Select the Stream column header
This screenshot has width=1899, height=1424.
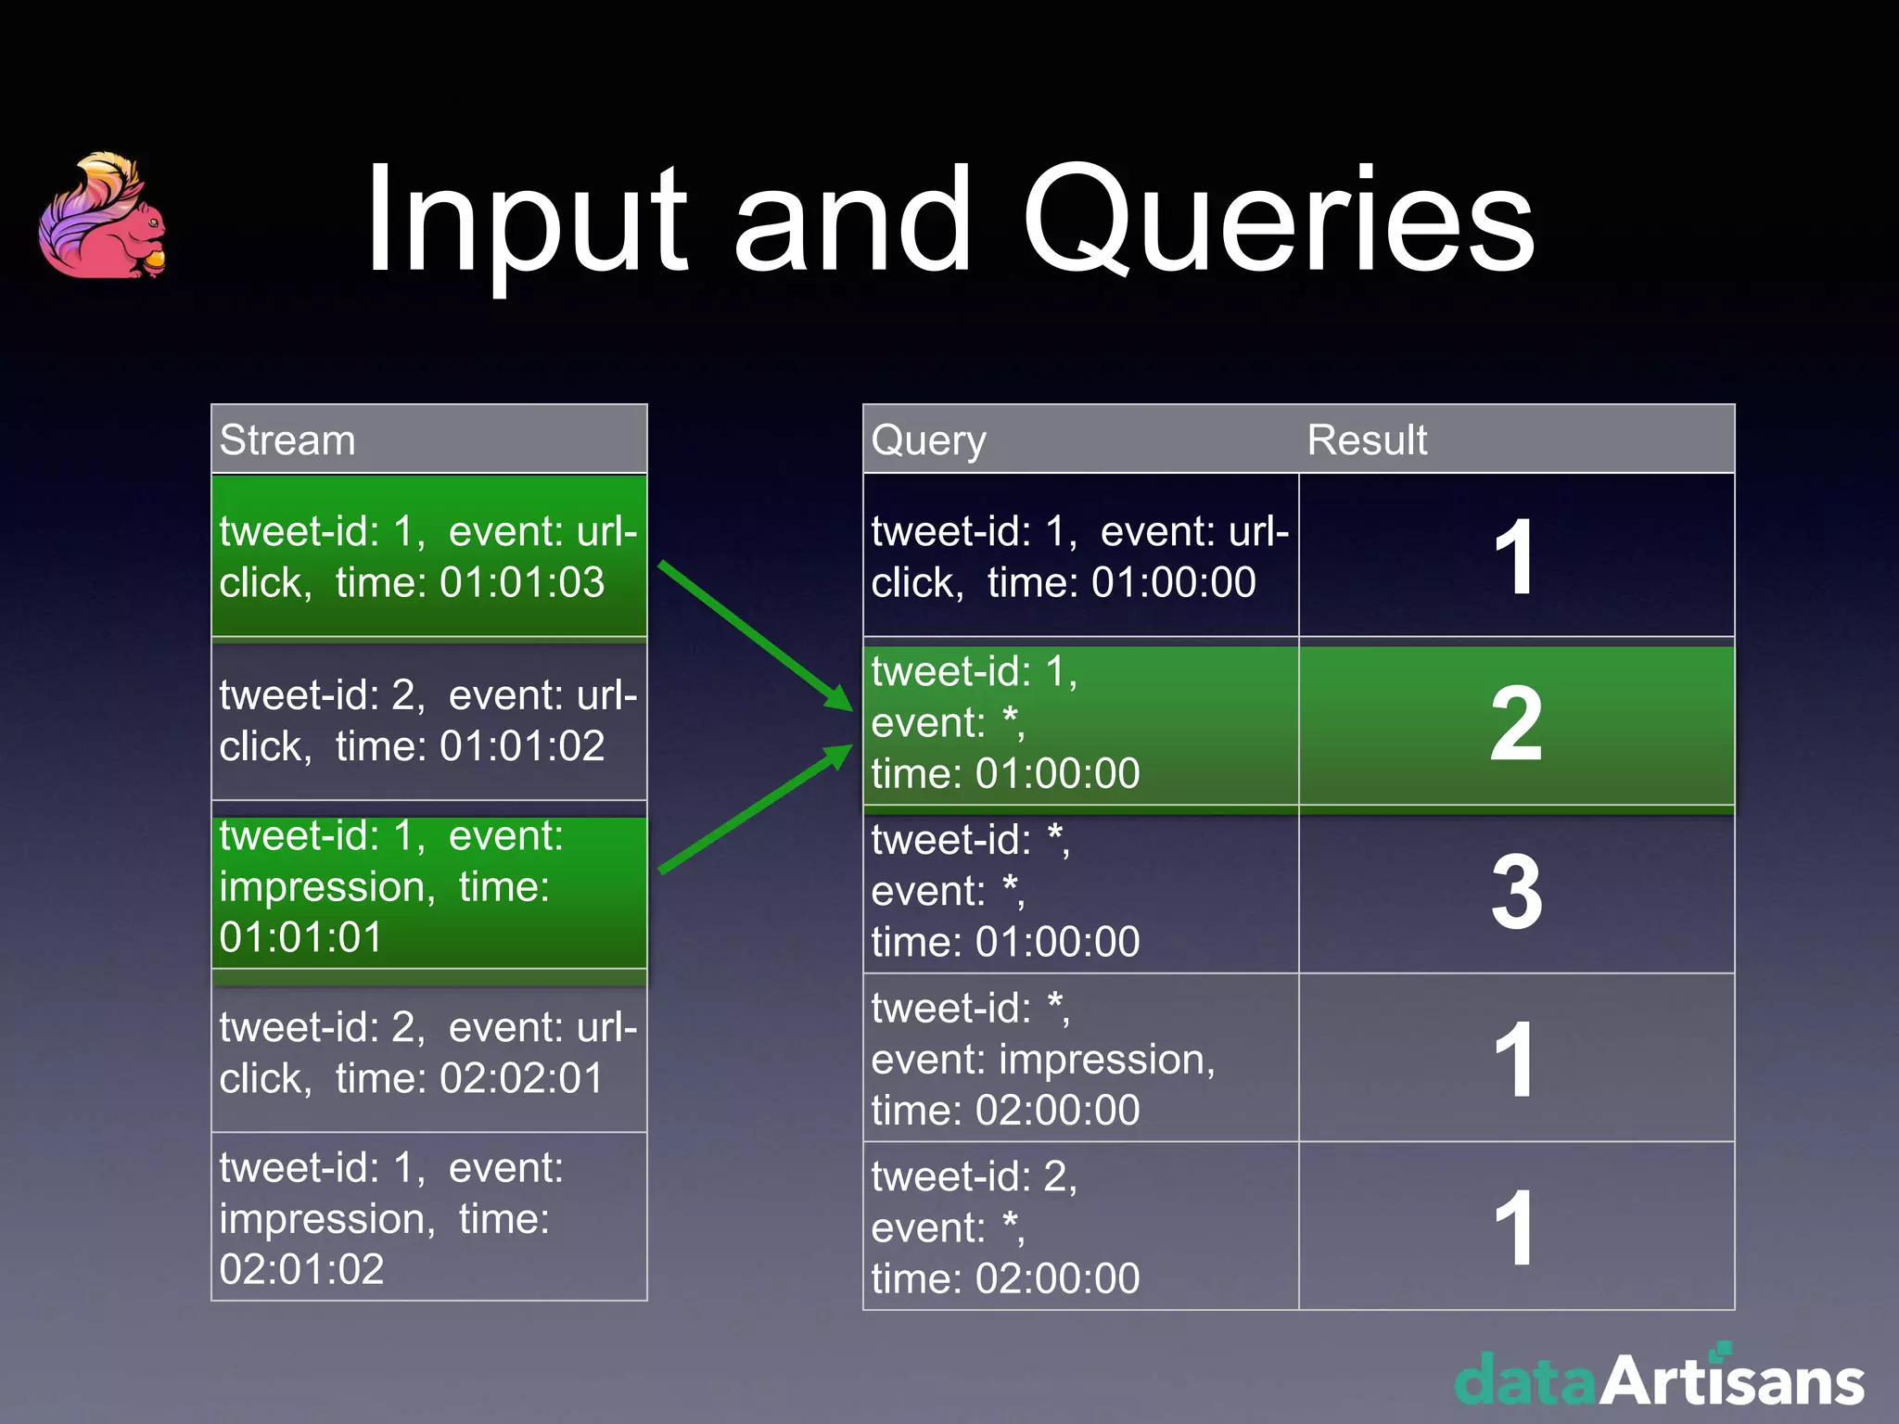[x=287, y=439]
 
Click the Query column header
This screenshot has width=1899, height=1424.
[x=928, y=439]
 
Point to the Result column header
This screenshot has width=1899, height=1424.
[x=1367, y=439]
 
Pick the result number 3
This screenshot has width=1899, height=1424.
[x=1516, y=892]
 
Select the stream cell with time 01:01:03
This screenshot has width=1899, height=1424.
[x=428, y=556]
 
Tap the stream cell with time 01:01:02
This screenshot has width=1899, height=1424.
[x=428, y=720]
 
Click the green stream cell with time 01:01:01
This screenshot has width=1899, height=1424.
[x=428, y=887]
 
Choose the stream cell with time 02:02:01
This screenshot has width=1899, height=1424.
[x=428, y=1052]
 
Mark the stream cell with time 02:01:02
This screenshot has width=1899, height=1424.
[x=428, y=1217]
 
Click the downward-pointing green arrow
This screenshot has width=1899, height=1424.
[x=755, y=636]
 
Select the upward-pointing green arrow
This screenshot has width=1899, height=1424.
[x=755, y=808]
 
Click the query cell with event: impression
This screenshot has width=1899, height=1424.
[x=1080, y=1059]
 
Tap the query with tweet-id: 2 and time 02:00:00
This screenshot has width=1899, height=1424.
[x=1080, y=1227]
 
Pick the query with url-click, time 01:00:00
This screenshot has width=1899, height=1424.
[x=1080, y=556]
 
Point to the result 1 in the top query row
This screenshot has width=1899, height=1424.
[x=1516, y=556]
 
